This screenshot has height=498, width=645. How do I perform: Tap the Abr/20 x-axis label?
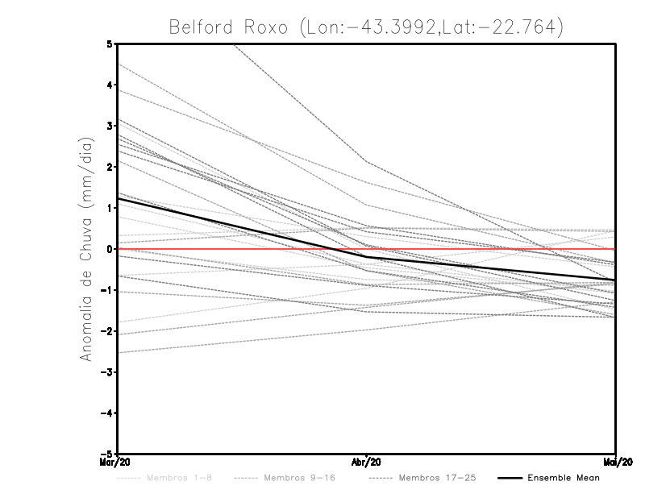[x=367, y=462]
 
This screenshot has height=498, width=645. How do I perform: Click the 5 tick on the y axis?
[x=110, y=44]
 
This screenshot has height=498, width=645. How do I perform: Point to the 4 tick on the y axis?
[x=110, y=85]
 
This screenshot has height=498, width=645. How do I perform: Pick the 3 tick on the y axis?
[x=110, y=126]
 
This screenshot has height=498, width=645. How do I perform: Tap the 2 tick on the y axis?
[x=110, y=167]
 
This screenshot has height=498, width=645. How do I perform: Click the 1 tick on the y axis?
[x=110, y=208]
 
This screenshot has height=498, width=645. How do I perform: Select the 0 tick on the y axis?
[x=110, y=249]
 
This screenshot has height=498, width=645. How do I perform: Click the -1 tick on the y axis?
[x=107, y=290]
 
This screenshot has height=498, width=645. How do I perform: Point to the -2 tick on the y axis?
[x=107, y=331]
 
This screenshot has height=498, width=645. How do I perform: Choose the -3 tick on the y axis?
[x=107, y=372]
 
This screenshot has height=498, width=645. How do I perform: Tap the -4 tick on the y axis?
[x=107, y=413]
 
